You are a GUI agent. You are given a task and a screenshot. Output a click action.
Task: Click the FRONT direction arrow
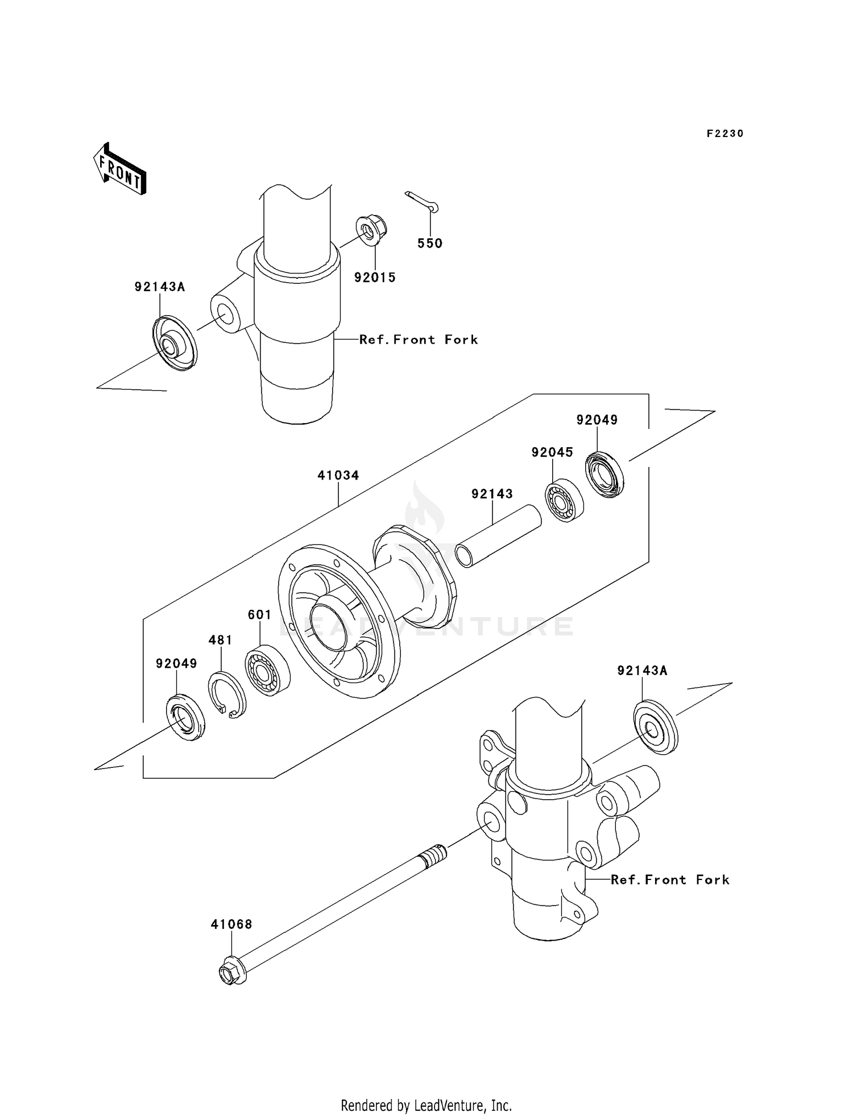coord(120,170)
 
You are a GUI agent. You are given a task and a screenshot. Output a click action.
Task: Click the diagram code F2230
coord(724,134)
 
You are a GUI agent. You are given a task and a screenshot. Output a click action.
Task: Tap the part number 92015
coord(375,278)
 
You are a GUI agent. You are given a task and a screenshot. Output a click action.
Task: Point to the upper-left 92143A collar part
coord(173,343)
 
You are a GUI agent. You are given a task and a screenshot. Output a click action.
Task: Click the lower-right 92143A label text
coord(642,671)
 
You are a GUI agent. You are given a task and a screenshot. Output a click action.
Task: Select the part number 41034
coord(338,476)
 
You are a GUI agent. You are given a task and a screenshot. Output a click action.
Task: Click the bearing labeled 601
coord(267,669)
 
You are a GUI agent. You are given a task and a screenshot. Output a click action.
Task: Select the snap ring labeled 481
coord(227,694)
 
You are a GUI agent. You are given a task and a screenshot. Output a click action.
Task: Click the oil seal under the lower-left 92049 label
coord(185,717)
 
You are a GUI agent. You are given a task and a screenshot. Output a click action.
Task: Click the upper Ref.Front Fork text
coord(419,340)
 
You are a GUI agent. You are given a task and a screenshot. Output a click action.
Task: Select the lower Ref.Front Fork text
coord(670,880)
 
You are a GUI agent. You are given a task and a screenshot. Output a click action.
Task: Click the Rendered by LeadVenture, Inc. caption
coord(426,1106)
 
